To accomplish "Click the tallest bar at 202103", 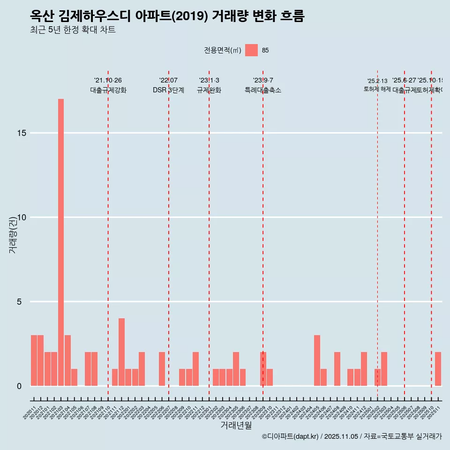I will (61, 242).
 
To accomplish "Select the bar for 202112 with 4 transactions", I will (121, 352).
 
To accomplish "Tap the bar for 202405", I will (317, 360).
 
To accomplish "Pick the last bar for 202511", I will (438, 368).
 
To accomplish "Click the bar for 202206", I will (162, 368).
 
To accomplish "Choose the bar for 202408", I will (337, 368).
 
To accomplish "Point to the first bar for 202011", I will (34, 360).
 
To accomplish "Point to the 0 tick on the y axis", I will (19, 386).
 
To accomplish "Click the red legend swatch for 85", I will (251, 50).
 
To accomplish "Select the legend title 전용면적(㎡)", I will (222, 51).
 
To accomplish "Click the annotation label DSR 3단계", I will (168, 90).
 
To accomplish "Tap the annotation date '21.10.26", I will (108, 81).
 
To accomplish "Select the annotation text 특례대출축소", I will (262, 90).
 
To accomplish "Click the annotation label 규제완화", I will (209, 90).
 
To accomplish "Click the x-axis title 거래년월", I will (236, 425).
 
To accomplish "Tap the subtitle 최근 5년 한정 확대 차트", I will (73, 30).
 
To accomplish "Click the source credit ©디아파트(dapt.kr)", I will (291, 436).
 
